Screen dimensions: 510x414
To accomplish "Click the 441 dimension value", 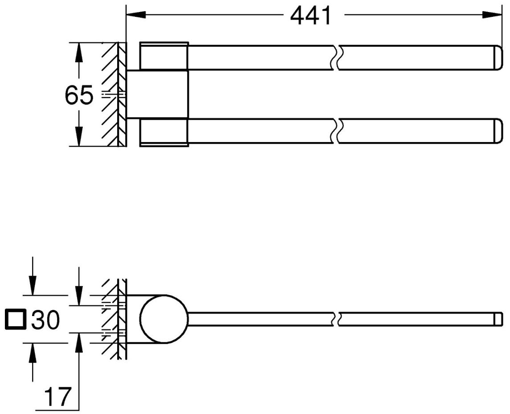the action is [310, 16].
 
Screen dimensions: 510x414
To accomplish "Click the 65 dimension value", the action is [79, 95].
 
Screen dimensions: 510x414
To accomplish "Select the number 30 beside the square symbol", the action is [45, 320].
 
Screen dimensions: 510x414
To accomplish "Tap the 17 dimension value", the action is [57, 397].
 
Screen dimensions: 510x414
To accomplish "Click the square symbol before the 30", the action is [15, 320].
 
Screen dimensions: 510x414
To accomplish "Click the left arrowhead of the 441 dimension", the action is [136, 15].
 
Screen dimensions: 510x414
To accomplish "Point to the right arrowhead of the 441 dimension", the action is [491, 15].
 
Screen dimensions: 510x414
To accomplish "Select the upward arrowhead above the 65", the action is [78, 52].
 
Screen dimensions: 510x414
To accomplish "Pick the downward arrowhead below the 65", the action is [78, 137].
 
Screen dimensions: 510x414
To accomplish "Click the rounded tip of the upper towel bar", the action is [498, 57].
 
